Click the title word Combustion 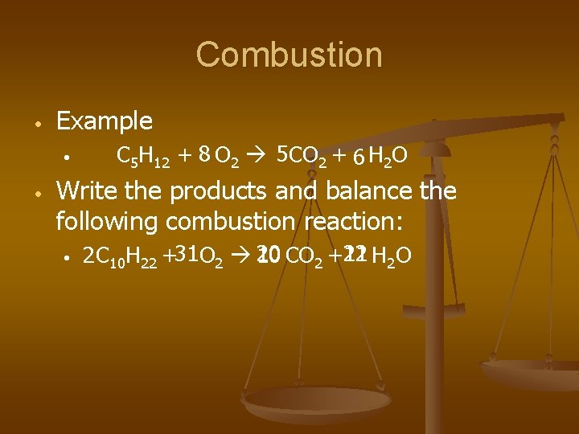[289, 55]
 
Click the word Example [105, 121]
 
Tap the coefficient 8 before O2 [205, 154]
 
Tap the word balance [364, 191]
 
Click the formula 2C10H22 [121, 256]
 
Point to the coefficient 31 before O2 [187, 255]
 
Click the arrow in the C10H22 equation [239, 256]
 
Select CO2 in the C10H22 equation [305, 256]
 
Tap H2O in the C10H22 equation [392, 256]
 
